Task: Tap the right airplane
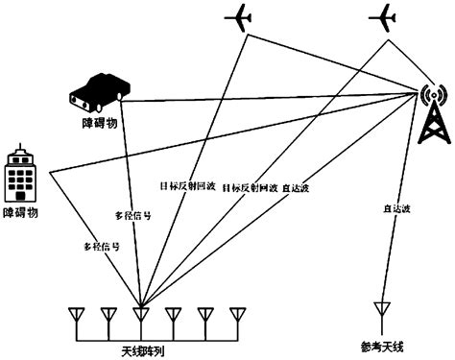click(x=382, y=17)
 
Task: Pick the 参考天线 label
click(x=382, y=347)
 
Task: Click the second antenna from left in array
click(x=108, y=314)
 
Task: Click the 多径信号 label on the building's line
click(x=102, y=247)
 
